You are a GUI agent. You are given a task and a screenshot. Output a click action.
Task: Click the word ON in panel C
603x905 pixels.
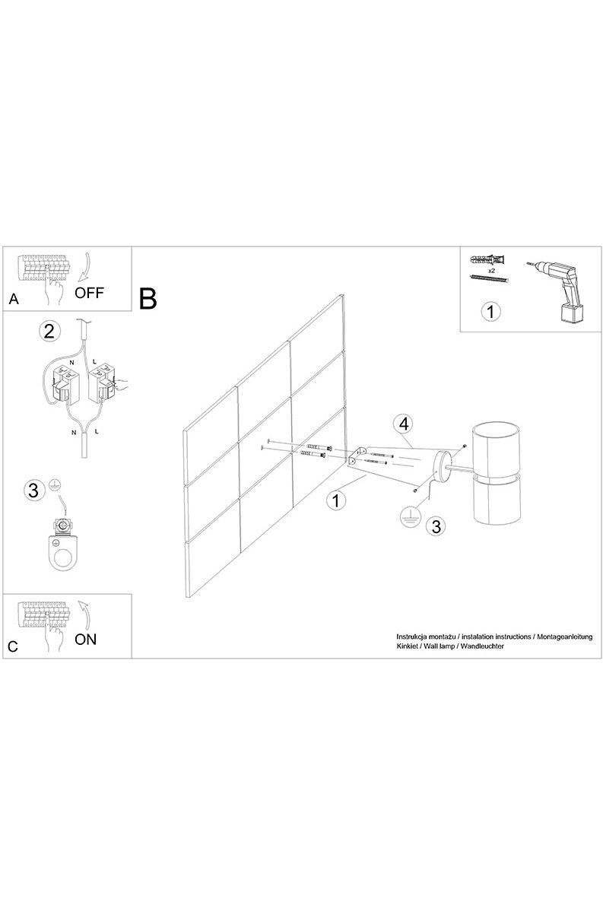point(86,639)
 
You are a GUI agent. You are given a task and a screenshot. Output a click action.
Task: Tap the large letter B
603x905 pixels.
point(148,299)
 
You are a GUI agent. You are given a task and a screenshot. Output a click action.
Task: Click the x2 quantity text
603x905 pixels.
point(492,270)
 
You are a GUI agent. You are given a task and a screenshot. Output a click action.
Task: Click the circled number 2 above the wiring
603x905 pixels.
point(49,331)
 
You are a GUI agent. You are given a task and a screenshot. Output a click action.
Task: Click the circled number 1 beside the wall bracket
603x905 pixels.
point(335,500)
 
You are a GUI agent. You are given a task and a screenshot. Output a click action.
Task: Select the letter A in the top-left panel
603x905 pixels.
point(13,300)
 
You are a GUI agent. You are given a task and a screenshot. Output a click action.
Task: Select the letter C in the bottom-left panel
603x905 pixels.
point(13,646)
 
